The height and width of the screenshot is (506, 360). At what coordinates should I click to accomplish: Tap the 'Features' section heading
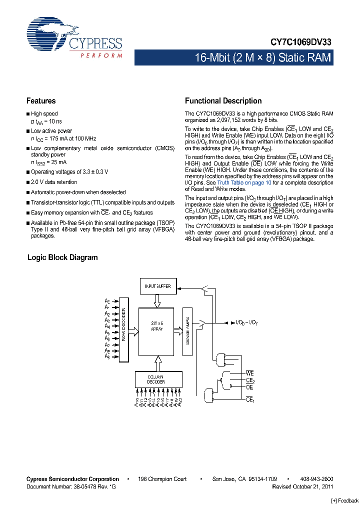(x=41, y=101)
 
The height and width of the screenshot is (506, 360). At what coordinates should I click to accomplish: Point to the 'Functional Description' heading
(x=223, y=101)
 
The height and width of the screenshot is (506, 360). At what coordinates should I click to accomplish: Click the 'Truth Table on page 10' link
(x=244, y=183)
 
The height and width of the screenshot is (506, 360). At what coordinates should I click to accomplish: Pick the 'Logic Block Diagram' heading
(x=62, y=257)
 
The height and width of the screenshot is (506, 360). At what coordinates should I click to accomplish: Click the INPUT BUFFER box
(x=157, y=286)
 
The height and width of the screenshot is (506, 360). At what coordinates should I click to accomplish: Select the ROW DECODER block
(x=124, y=330)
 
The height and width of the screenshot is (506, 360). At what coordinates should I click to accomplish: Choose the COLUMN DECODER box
(x=157, y=378)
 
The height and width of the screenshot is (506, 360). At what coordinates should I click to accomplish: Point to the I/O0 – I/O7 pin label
(x=246, y=324)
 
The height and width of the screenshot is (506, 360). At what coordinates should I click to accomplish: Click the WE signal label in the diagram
(x=250, y=373)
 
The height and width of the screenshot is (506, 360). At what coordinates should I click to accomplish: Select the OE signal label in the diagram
(x=249, y=387)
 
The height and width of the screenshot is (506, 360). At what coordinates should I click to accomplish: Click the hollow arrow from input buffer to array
(x=157, y=301)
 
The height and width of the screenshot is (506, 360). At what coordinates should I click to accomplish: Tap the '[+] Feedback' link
(x=345, y=500)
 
